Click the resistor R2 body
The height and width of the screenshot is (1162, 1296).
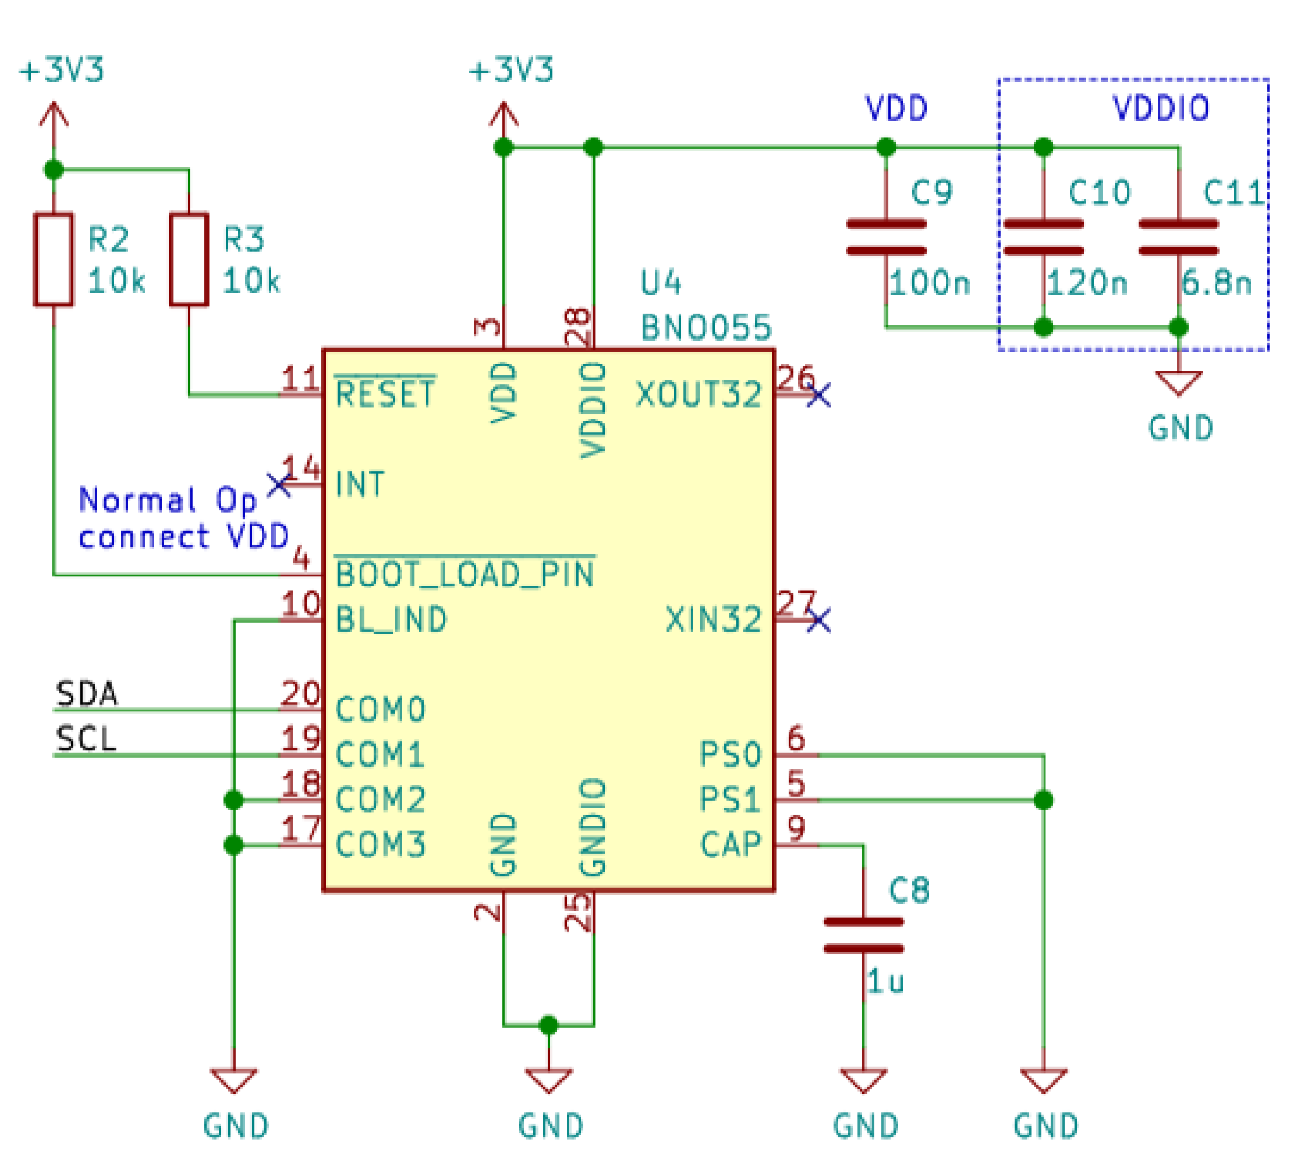53,259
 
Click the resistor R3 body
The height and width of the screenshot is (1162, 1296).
188,259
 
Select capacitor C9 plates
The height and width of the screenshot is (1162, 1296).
885,237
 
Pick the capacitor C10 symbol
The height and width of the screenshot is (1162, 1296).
1043,237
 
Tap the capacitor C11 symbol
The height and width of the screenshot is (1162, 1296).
1178,237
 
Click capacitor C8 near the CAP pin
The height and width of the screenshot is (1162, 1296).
863,935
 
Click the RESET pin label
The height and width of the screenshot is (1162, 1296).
385,394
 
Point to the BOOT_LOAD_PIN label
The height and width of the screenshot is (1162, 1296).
465,574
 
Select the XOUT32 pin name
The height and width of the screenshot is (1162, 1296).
698,394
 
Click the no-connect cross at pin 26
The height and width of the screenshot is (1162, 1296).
818,395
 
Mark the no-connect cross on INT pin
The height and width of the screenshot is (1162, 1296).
279,484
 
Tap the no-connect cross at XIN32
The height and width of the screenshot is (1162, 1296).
818,619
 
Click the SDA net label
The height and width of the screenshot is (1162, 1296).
86,693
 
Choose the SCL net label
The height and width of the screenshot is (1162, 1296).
86,739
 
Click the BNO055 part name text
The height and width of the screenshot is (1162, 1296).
705,327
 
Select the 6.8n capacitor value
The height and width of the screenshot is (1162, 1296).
1216,282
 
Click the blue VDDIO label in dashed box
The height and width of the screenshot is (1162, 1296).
1160,108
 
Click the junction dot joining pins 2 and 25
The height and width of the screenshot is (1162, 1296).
548,1025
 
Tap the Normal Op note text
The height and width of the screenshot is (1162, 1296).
167,500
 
